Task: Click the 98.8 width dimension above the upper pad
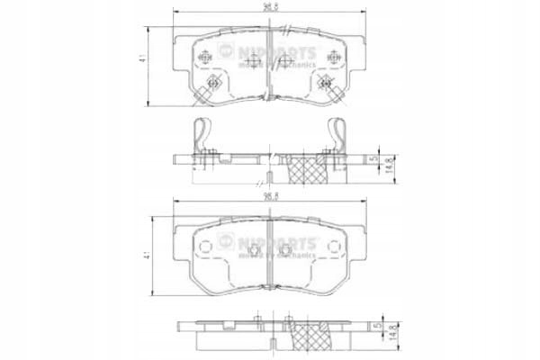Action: click(269, 7)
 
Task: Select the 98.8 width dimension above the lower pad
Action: click(269, 195)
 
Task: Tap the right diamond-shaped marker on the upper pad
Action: click(326, 86)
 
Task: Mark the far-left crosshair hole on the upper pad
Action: click(205, 57)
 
